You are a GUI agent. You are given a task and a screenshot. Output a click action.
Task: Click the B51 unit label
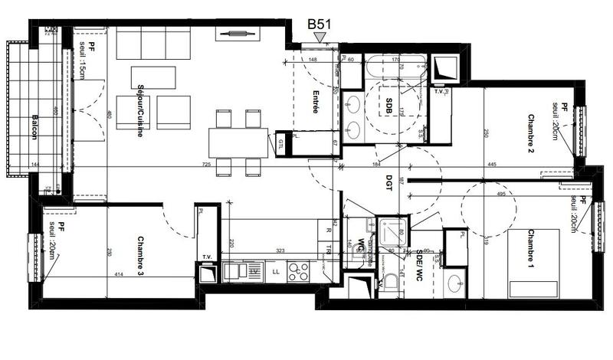(319, 25)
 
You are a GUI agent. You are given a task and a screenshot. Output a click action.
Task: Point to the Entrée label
(315, 103)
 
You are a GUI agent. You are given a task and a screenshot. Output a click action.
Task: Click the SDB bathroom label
(389, 108)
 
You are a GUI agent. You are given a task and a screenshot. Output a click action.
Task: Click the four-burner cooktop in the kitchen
(297, 271)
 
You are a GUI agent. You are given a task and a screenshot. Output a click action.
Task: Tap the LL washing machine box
(276, 271)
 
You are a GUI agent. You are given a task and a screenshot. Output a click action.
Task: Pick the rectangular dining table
(238, 141)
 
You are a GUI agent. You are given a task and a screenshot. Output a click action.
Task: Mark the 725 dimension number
(207, 165)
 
